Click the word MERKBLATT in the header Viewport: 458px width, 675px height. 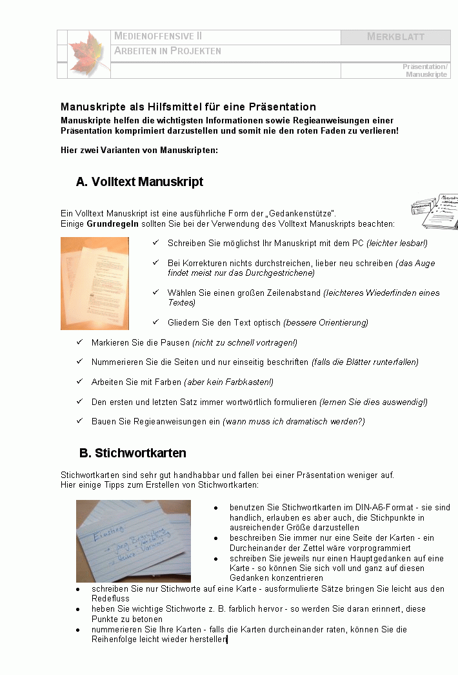395,37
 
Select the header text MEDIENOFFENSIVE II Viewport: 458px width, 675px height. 158,36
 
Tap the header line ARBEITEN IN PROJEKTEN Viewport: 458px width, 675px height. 168,51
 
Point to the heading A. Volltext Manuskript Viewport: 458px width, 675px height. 139,182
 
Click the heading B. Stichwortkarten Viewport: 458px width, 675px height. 132,452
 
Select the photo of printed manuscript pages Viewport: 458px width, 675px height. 95,283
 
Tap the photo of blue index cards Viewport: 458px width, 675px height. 134,540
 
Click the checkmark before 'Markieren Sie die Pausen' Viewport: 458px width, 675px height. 79,342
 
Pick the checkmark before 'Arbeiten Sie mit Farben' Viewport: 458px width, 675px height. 79,382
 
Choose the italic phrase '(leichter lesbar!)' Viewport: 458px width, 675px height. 397,244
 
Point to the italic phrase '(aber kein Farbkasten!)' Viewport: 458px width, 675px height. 228,382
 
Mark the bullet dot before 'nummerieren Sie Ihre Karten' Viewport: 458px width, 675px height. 78,630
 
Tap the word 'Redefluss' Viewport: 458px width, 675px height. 110,599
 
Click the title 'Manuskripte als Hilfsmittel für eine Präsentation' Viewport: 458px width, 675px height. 188,107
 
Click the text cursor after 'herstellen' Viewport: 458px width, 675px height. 228,639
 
